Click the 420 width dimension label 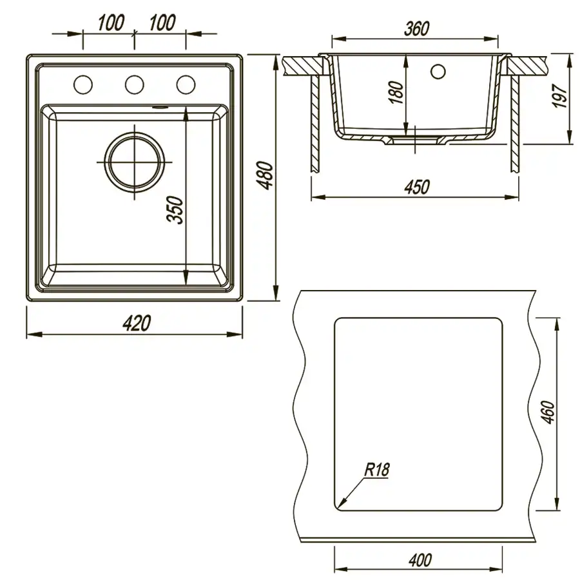click(x=137, y=324)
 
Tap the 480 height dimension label click(x=266, y=175)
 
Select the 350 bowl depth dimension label click(x=175, y=210)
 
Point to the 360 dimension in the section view click(x=416, y=29)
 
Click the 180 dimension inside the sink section click(x=396, y=92)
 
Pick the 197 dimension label click(x=559, y=96)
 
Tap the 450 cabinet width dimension click(x=417, y=187)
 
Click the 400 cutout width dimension click(x=421, y=560)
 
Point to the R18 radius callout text click(x=377, y=470)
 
